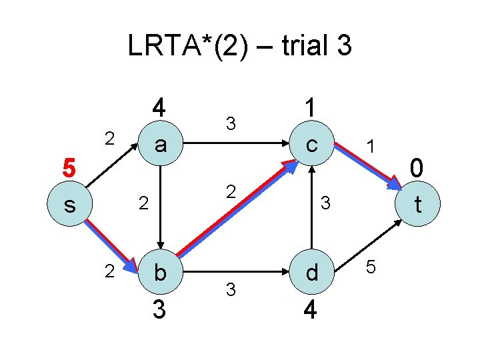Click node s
point(70,205)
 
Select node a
point(160,143)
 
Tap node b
point(160,272)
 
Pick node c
point(311,143)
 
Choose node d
point(311,272)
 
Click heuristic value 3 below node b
point(159,310)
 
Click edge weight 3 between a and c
point(230,123)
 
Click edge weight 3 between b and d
point(230,290)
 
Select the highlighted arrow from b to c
point(237,210)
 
